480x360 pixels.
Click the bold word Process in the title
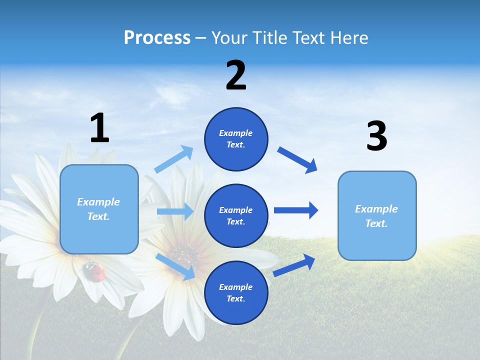157,38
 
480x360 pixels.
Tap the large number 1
99,128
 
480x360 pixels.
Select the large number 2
236,75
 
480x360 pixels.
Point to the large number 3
376,136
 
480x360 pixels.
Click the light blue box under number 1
99,209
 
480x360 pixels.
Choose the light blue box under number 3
377,216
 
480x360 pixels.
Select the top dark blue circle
236,139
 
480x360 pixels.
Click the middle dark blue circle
236,216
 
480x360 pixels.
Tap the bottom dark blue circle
236,293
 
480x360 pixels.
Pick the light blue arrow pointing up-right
174,159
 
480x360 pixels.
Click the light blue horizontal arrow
175,211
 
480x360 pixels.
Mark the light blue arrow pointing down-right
175,266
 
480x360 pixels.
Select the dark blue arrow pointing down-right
297,159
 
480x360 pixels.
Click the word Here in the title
350,38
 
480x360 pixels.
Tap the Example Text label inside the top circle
236,139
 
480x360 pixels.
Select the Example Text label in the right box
376,216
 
